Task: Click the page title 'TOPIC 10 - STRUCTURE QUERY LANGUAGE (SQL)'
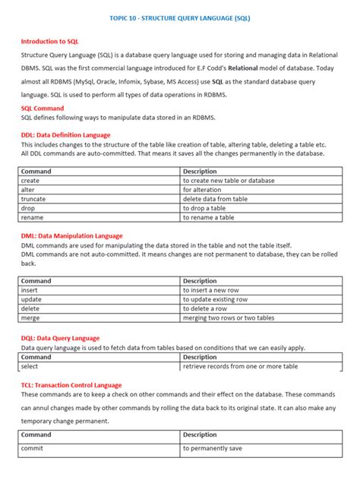[x=180, y=16]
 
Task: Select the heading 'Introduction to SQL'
[x=49, y=41]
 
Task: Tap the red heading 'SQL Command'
[x=43, y=109]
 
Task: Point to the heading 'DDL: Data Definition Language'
[x=65, y=134]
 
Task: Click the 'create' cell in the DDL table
[x=30, y=181]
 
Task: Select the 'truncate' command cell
[x=34, y=199]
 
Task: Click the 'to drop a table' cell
[x=204, y=208]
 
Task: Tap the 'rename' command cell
[x=33, y=217]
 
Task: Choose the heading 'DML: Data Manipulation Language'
[x=71, y=235]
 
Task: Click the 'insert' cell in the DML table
[x=30, y=290]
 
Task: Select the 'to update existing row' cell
[x=216, y=299]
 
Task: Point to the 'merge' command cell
[x=31, y=317]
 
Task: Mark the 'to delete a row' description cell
[x=205, y=308]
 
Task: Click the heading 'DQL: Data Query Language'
[x=60, y=338]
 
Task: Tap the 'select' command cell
[x=30, y=366]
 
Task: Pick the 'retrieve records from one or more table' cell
[x=240, y=366]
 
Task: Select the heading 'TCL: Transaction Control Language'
[x=71, y=385]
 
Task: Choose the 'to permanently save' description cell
[x=213, y=449]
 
